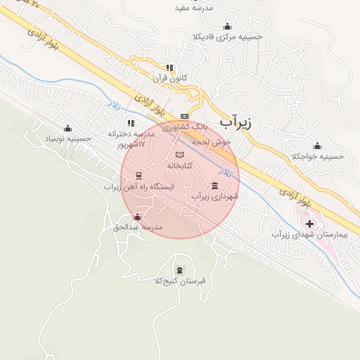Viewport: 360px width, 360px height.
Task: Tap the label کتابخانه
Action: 179,165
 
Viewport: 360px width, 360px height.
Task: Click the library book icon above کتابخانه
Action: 179,155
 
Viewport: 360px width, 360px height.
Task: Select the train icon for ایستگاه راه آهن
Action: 139,176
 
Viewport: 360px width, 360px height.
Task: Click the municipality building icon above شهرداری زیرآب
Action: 214,186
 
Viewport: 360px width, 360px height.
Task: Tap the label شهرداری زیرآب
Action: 215,197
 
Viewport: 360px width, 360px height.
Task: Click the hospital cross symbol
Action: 310,224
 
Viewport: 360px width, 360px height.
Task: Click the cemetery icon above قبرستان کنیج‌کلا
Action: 179,270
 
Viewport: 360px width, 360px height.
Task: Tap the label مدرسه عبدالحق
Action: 138,227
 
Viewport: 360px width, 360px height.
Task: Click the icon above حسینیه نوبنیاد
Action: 67,128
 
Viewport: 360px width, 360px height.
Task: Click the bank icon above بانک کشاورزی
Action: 185,116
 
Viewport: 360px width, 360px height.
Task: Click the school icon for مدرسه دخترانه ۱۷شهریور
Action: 131,123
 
